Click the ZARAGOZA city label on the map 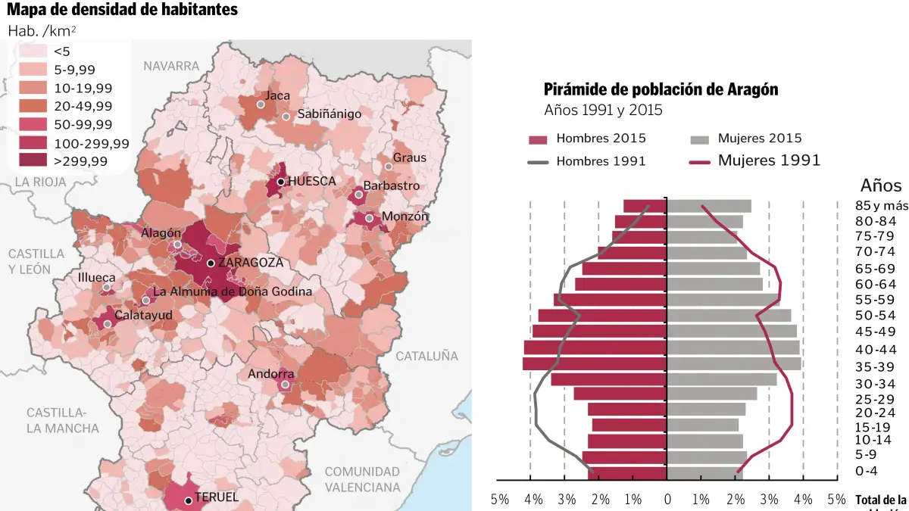point(250,263)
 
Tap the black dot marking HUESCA point(280,182)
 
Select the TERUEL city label point(217,497)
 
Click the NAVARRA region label point(171,66)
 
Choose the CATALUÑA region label point(427,355)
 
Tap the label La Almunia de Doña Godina point(233,291)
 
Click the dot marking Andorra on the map point(285,385)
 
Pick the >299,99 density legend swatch point(33,160)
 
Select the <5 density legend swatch point(33,51)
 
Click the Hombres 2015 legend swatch point(537,139)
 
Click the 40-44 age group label point(876,350)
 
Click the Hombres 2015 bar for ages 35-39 point(595,363)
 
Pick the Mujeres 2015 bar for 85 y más point(709,206)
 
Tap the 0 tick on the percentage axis point(667,500)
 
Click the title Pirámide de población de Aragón point(661,89)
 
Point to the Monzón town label point(405,216)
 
